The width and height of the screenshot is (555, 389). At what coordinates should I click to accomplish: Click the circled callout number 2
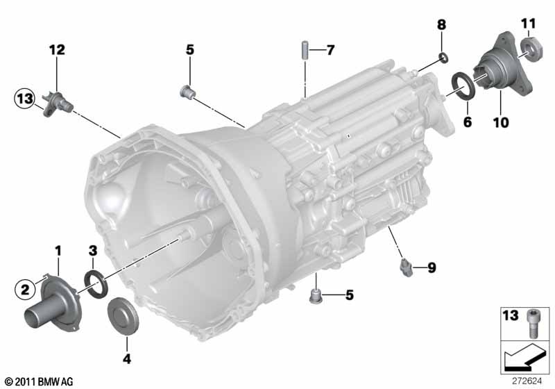pyautogui.click(x=25, y=290)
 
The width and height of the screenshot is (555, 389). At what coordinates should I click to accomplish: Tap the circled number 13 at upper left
pyautogui.click(x=24, y=99)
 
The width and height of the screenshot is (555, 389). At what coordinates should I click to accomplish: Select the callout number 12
pyautogui.click(x=57, y=49)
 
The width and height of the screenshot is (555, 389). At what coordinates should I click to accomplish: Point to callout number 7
pyautogui.click(x=330, y=50)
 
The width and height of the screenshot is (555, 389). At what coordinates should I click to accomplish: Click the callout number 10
pyautogui.click(x=501, y=122)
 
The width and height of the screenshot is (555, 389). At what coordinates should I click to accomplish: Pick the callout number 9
pyautogui.click(x=432, y=268)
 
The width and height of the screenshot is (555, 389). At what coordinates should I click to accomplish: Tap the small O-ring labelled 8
pyautogui.click(x=443, y=58)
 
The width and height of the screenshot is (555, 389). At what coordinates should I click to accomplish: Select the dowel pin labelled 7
pyautogui.click(x=305, y=51)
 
